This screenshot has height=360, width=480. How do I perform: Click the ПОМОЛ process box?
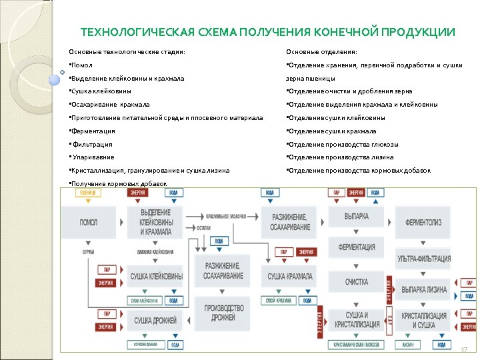88,222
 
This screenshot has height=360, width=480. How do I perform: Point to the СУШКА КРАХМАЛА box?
290,276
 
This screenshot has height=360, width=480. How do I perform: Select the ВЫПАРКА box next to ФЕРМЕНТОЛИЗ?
357,217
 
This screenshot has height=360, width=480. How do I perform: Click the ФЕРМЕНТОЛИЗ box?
424,222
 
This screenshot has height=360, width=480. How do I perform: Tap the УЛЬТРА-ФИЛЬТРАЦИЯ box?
424,259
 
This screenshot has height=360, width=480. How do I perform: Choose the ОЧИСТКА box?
357,282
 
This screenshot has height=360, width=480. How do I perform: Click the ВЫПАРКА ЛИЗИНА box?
424,289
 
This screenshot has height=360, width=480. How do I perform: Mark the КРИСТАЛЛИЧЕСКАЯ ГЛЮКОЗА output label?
357,345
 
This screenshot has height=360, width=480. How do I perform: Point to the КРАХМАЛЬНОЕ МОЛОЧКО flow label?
226,217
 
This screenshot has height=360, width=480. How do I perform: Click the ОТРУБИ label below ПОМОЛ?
88,252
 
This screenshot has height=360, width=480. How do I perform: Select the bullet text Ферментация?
94,131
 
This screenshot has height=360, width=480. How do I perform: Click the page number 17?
464,349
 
